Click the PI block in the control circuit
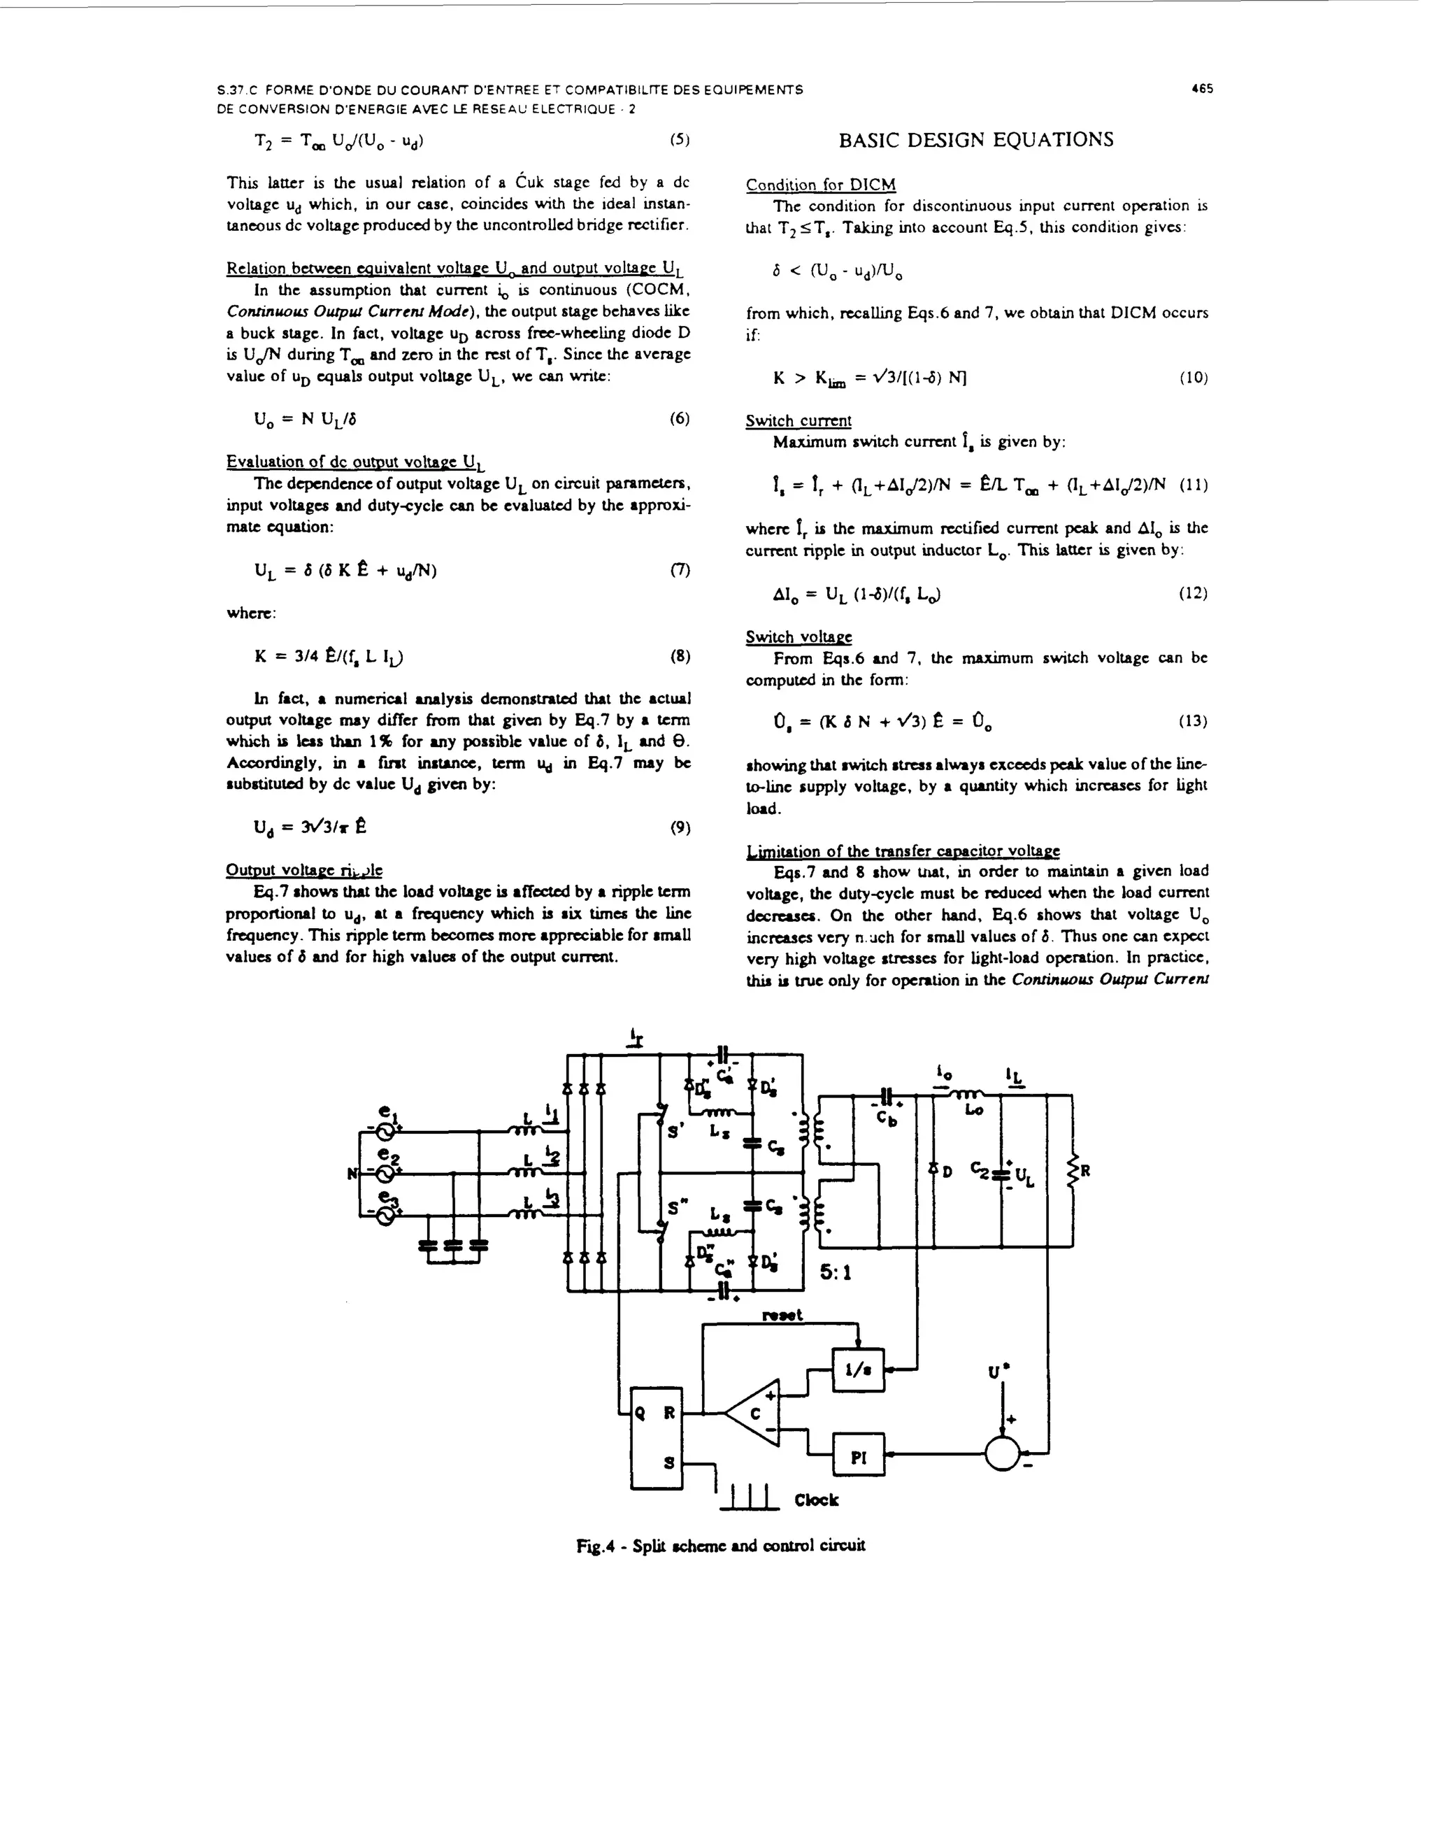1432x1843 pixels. (x=858, y=1455)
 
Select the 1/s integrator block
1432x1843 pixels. (x=857, y=1369)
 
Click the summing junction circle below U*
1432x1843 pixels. (x=1002, y=1454)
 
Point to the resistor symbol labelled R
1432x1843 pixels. (x=1073, y=1172)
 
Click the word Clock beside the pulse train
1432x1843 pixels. (x=816, y=1500)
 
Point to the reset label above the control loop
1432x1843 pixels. (x=782, y=1315)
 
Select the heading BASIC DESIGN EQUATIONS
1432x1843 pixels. (x=976, y=139)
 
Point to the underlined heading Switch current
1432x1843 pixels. (x=799, y=420)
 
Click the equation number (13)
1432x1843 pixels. (x=1193, y=722)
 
